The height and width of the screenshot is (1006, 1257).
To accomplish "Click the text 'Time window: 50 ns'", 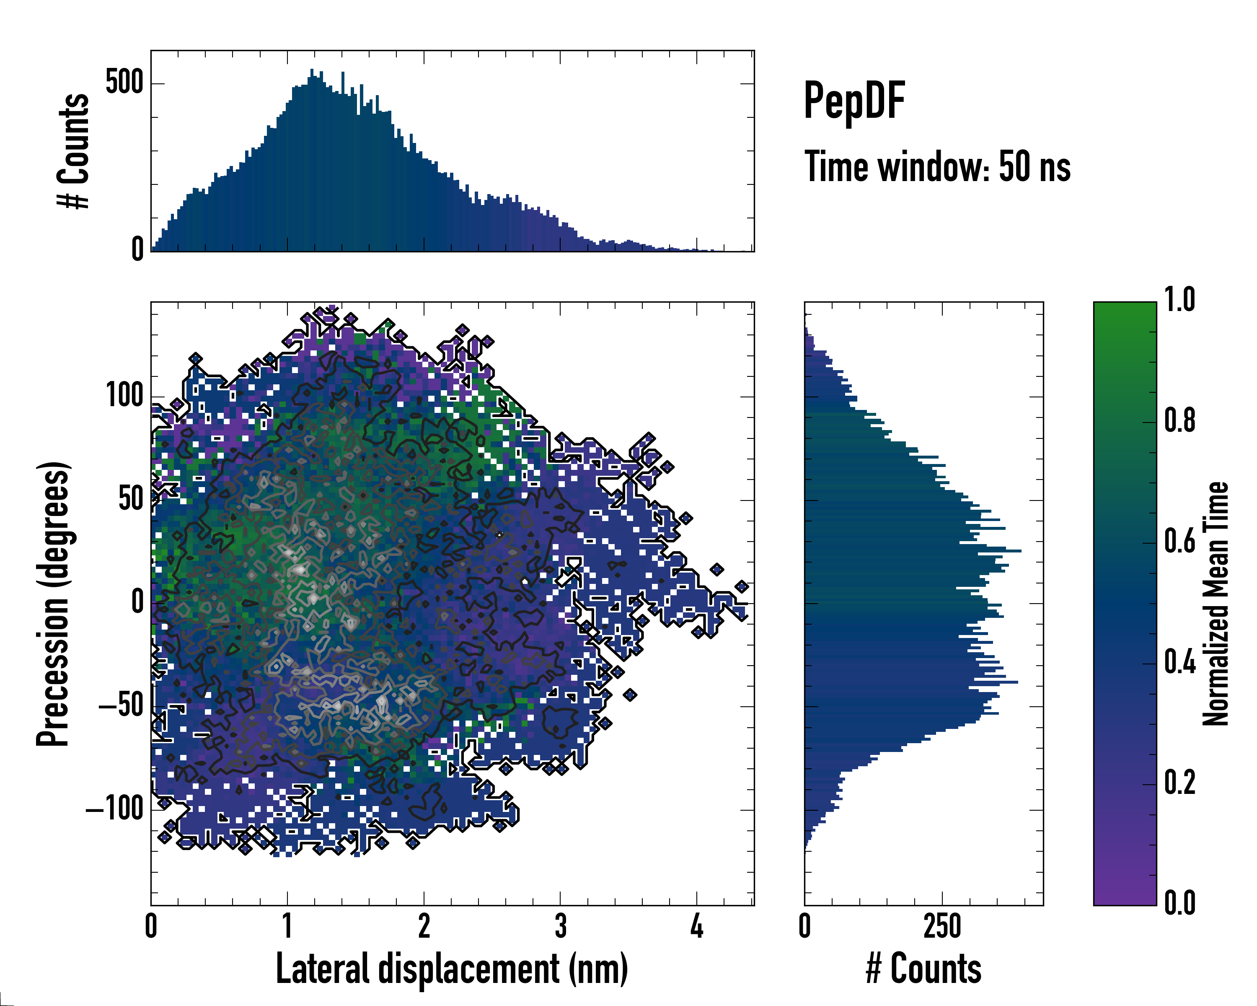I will [x=937, y=167].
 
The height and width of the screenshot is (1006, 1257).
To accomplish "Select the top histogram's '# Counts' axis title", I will [x=73, y=151].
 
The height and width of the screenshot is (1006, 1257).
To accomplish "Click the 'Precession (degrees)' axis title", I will [x=53, y=604].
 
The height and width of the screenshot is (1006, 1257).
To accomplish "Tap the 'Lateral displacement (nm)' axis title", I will [x=452, y=969].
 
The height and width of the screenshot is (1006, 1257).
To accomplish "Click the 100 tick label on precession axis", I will [x=125, y=396].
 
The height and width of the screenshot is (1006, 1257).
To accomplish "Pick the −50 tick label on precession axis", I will [x=121, y=706].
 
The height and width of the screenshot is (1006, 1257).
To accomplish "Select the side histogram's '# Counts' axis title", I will [x=923, y=969].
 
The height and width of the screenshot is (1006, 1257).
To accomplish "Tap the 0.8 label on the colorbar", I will [x=1179, y=421].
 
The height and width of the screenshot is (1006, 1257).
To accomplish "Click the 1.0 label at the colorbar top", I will [x=1179, y=301].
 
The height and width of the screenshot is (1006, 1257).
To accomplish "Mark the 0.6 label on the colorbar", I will [x=1179, y=542].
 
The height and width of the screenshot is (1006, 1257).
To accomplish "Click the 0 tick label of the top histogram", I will [x=137, y=250].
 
